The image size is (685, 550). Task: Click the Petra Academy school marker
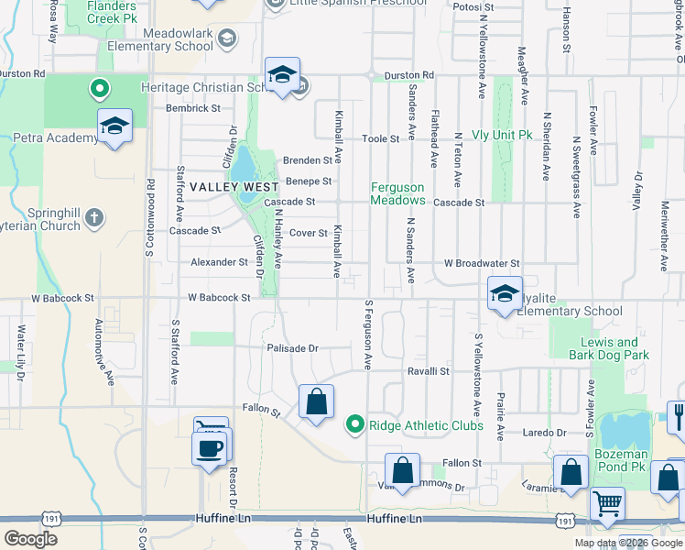coord(115,127)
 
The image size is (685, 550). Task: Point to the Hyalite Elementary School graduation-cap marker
coord(505,293)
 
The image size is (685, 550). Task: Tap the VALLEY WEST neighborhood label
coord(224,185)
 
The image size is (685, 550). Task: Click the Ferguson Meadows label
coord(397,193)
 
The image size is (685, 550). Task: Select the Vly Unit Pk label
coord(502,134)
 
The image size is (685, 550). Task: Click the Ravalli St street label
coord(429,371)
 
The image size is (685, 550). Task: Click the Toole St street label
coord(381,138)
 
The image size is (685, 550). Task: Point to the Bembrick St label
coord(193,107)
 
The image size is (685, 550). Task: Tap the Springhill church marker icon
coord(93,218)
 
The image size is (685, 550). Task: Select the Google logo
coord(31,538)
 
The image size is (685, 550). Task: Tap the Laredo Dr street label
coord(545,432)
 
